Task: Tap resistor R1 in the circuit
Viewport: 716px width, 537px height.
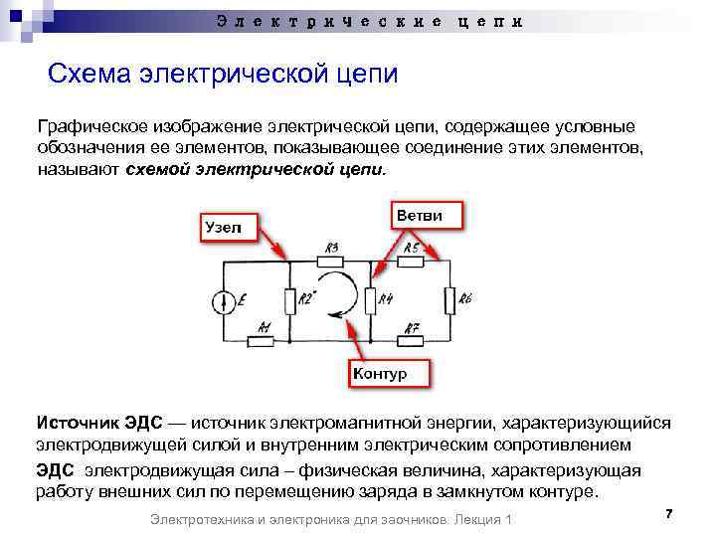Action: [x=263, y=340]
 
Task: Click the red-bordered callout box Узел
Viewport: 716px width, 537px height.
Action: [x=229, y=227]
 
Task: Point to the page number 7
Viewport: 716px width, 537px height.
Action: [x=668, y=513]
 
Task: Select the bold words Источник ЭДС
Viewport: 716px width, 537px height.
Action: [x=93, y=424]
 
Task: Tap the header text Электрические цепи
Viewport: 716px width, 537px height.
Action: [x=368, y=22]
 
